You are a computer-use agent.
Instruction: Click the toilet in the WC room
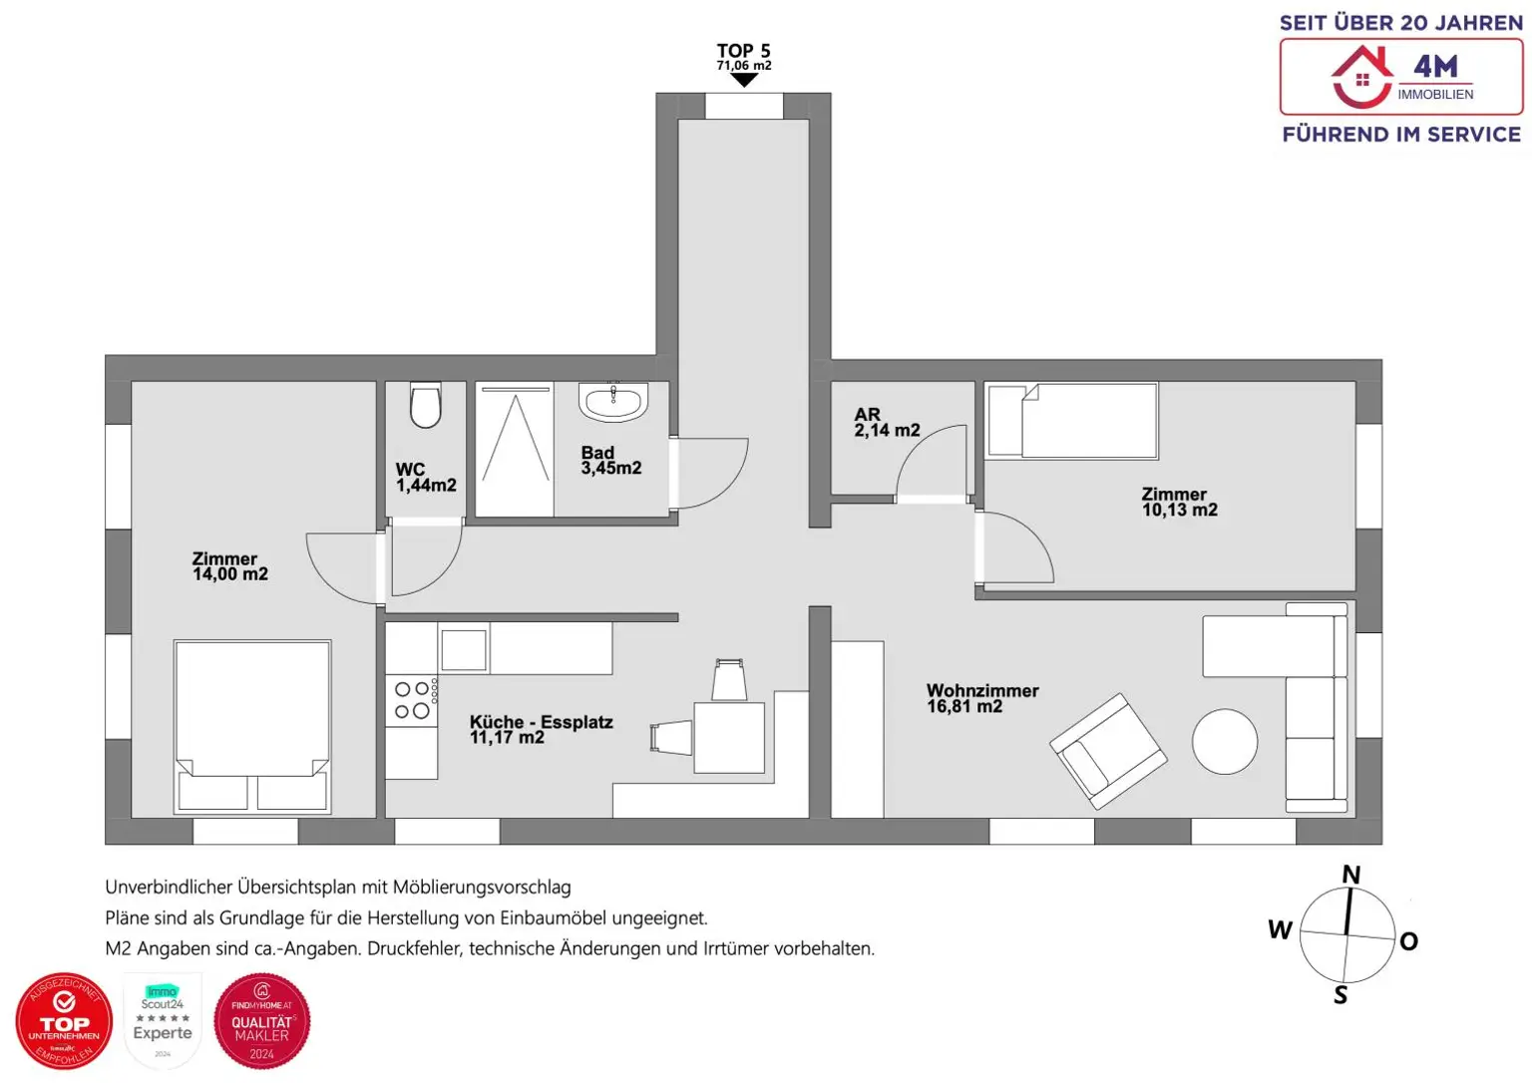click(426, 406)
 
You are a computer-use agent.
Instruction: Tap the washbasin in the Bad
click(612, 402)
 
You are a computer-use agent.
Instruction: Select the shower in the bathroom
click(515, 452)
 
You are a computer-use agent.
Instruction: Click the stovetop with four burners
click(412, 700)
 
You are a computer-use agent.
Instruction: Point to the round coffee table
click(1225, 741)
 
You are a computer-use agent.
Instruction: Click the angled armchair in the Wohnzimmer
click(1107, 751)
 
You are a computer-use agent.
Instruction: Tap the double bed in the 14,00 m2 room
click(252, 725)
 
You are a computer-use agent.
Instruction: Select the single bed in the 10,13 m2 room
click(1072, 421)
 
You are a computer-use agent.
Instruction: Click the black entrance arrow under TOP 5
click(744, 81)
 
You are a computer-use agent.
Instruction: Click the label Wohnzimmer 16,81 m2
click(981, 698)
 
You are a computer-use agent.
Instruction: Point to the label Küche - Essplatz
click(541, 722)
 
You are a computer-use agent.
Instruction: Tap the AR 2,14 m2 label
click(886, 423)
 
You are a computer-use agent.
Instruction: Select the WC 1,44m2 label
click(425, 478)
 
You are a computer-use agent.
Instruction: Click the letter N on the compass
click(1350, 875)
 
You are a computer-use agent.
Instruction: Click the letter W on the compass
click(1280, 929)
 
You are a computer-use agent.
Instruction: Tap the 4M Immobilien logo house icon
click(1362, 78)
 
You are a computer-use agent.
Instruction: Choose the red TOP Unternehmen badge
click(64, 1021)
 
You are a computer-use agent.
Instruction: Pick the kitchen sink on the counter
click(464, 650)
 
